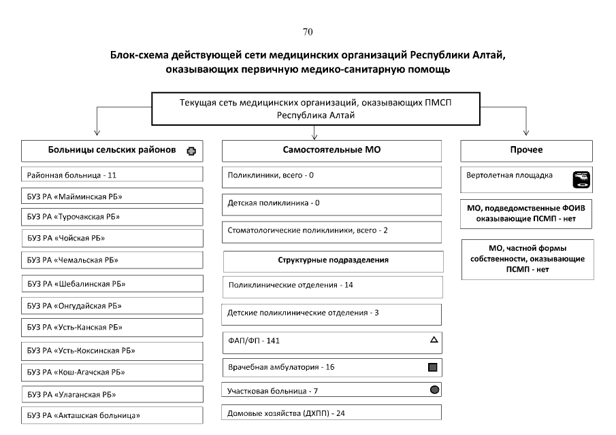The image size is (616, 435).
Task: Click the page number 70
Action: pyautogui.click(x=307, y=32)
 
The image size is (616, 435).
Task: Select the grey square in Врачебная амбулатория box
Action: pyautogui.click(x=432, y=368)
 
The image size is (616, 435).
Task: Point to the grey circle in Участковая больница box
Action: pyautogui.click(x=434, y=390)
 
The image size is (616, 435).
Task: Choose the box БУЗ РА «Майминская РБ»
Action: pyautogui.click(x=112, y=196)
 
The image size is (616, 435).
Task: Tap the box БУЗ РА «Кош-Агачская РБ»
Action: pyautogui.click(x=112, y=372)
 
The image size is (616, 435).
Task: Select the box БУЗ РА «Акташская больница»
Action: pyautogui.click(x=112, y=415)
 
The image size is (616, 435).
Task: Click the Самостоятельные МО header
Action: pyautogui.click(x=331, y=150)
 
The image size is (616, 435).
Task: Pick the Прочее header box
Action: pyautogui.click(x=526, y=150)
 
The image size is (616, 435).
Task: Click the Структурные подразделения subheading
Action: pyautogui.click(x=333, y=260)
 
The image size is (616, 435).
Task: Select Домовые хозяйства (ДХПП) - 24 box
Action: pyautogui.click(x=331, y=413)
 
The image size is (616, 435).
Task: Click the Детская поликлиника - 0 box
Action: pyautogui.click(x=331, y=203)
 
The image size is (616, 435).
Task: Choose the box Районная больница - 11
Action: pyautogui.click(x=112, y=175)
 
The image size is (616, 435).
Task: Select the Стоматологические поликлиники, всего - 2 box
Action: pyautogui.click(x=331, y=230)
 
